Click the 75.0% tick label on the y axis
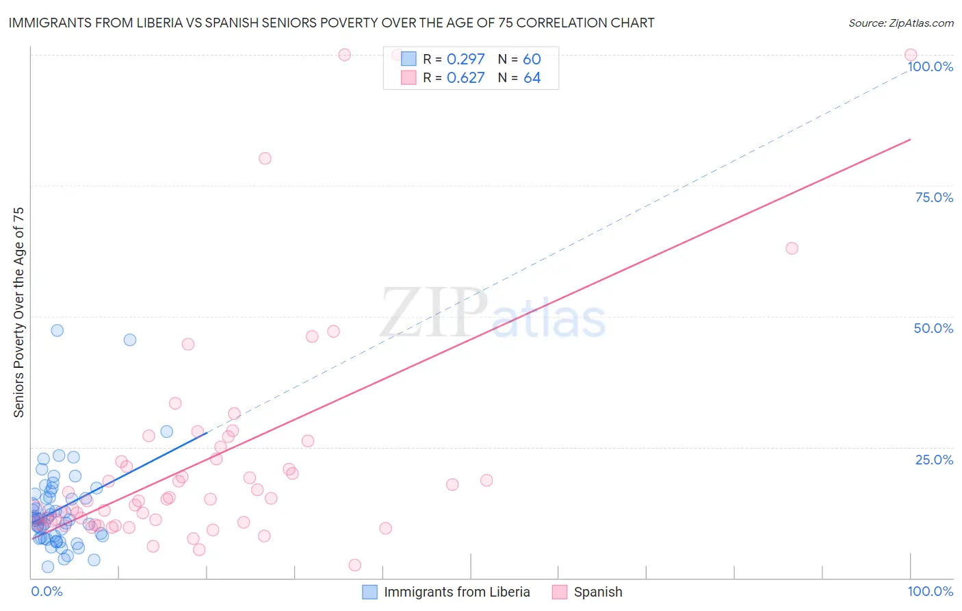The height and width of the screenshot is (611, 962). click(934, 197)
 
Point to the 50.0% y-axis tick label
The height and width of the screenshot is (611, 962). click(933, 328)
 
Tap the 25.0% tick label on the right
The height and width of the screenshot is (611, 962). click(934, 460)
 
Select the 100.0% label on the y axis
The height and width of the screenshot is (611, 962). click(930, 66)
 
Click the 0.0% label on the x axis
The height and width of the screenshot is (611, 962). click(47, 591)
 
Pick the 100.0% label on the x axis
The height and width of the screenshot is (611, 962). click(930, 591)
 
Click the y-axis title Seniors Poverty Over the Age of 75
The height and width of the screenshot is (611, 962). click(18, 312)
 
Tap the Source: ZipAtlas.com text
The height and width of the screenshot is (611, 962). click(900, 23)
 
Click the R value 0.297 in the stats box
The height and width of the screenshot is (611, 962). click(465, 60)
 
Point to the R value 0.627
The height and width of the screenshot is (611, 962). click(465, 78)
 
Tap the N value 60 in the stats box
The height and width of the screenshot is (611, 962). click(532, 60)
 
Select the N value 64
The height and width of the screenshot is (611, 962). click(532, 78)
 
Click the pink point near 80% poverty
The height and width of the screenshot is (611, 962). click(265, 158)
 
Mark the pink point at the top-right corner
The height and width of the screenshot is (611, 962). click(910, 55)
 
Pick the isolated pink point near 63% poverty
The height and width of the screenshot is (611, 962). click(792, 248)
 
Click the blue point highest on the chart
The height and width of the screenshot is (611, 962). click(57, 330)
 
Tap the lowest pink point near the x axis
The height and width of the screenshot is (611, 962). click(354, 565)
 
